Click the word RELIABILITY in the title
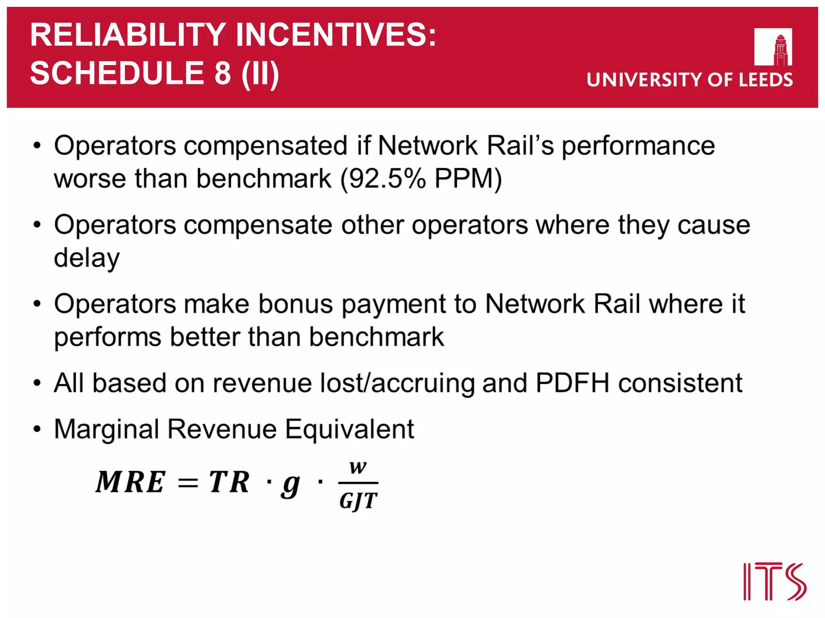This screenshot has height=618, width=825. click(128, 35)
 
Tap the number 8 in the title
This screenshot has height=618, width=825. click(222, 73)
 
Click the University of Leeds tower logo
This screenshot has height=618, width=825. click(773, 47)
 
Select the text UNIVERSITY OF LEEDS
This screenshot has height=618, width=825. click(690, 80)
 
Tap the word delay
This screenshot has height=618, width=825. click(87, 258)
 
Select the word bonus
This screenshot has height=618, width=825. click(296, 304)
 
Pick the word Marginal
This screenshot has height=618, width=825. click(106, 429)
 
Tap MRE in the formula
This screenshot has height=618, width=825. click(130, 482)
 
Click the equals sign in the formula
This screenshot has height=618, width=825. click(188, 482)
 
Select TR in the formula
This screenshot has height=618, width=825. click(229, 482)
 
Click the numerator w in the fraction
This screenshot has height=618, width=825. click(358, 468)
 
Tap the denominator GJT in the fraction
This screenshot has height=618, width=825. click(358, 501)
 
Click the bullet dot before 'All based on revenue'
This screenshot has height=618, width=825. click(37, 383)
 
